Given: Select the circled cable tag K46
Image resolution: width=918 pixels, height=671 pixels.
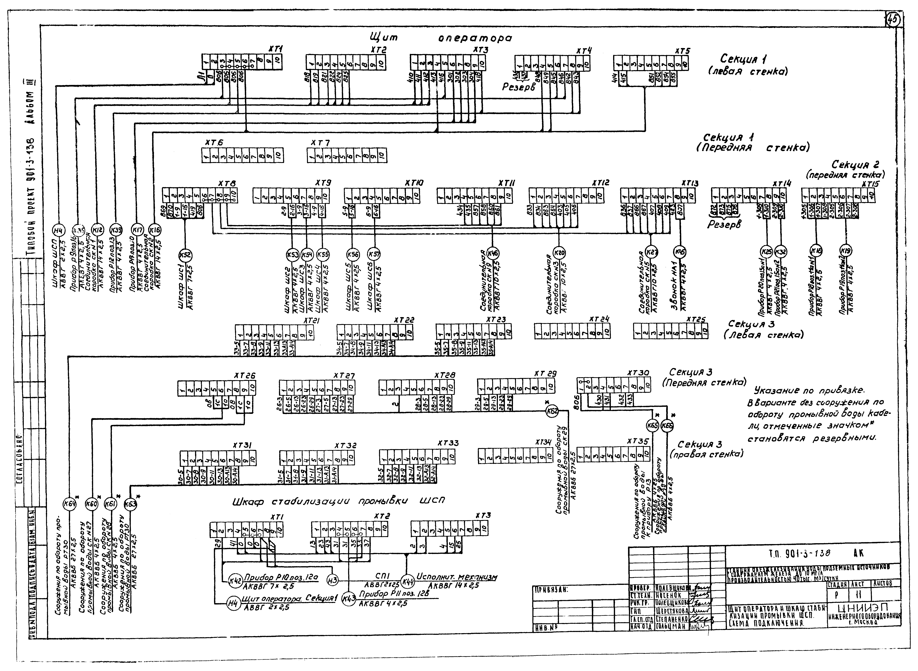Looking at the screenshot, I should pos(492,253).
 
